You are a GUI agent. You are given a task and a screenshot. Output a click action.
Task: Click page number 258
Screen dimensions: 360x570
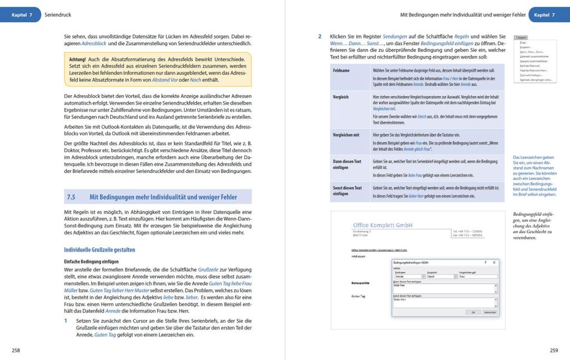pos(16,350)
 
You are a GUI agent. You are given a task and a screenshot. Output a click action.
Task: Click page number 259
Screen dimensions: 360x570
pos(553,350)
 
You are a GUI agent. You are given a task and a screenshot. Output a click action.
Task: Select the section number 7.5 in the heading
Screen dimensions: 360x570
pos(71,197)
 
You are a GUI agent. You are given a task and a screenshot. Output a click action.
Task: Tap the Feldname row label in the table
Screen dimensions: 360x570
pos(342,71)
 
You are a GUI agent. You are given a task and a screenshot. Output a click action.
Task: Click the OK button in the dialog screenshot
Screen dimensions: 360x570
pos(473,312)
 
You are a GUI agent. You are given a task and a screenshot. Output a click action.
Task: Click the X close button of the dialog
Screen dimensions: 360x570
pos(494,262)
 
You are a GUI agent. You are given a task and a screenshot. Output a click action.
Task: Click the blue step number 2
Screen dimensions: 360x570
pos(319,36)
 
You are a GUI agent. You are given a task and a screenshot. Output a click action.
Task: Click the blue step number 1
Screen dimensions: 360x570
pos(66,321)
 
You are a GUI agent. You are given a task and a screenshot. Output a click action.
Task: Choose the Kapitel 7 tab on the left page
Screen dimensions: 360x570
pos(22,14)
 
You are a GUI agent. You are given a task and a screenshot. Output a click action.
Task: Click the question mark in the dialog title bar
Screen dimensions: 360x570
pos(485,262)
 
